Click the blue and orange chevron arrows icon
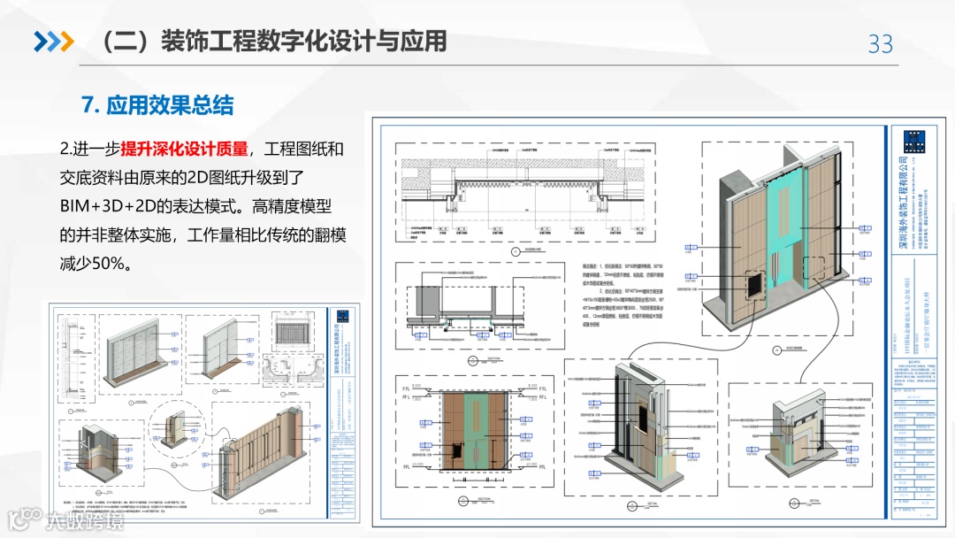tap(53, 41)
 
